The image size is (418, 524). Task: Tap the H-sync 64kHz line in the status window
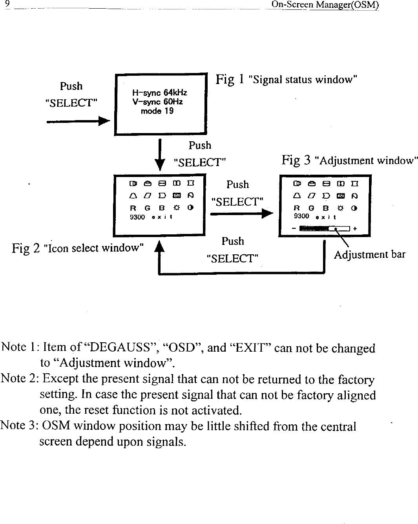159,93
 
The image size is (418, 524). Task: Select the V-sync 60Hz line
157,102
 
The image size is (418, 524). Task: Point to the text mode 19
157,111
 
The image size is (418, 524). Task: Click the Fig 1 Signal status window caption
286,80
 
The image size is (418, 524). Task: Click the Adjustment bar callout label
369,255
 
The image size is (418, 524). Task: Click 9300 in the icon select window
137,217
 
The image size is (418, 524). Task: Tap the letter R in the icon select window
133,208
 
